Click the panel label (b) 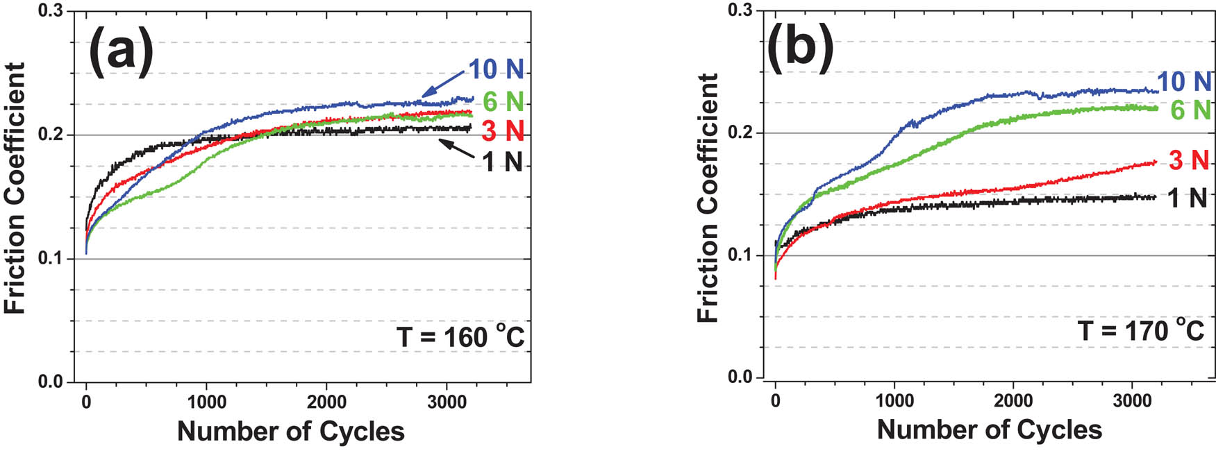pos(799,49)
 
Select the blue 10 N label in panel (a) pos(496,69)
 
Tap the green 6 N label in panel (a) pos(503,102)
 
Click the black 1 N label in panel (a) pos(502,162)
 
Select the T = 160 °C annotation pos(460,337)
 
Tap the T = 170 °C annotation pos(1140,330)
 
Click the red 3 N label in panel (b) pos(1189,160)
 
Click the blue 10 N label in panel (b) pos(1184,81)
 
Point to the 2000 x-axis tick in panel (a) pos(326,402)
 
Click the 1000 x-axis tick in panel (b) pos(894,400)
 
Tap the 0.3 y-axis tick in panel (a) pos(56,12)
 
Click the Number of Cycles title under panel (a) pos(290,431)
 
